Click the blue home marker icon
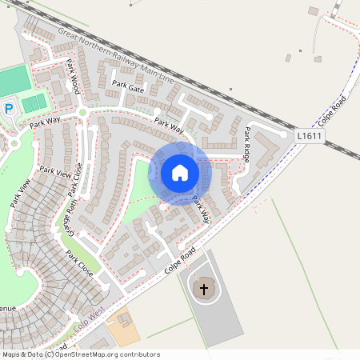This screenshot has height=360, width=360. [x=180, y=173]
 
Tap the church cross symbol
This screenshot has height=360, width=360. [x=204, y=289]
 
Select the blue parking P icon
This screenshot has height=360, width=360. [x=10, y=108]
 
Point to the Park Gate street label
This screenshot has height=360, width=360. [x=128, y=86]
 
